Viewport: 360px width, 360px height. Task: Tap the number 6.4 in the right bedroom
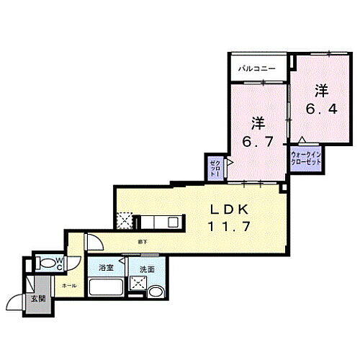click(x=320, y=110)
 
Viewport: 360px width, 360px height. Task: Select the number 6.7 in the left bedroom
click(x=258, y=142)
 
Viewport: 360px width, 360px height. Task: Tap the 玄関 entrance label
click(x=37, y=299)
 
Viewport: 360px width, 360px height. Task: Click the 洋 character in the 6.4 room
click(x=320, y=92)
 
